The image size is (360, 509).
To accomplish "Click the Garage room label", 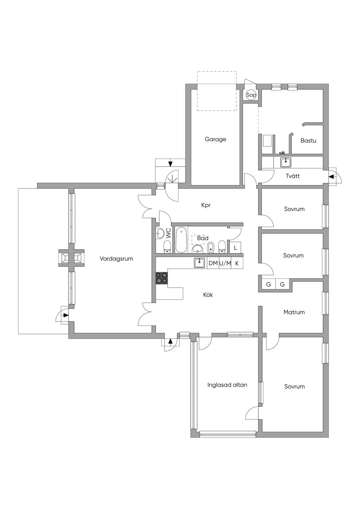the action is [x=215, y=139].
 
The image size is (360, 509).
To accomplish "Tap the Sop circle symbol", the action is [x=251, y=95].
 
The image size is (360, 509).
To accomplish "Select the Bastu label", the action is [x=308, y=141].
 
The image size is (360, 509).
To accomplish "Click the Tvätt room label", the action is [x=293, y=176].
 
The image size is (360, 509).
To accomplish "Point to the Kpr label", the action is [x=206, y=205].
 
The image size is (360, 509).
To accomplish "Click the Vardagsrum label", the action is [x=116, y=259].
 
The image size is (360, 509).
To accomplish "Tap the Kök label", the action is [x=208, y=295].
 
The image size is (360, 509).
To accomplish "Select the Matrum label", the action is [x=294, y=312].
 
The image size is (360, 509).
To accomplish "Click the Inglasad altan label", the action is [x=227, y=385].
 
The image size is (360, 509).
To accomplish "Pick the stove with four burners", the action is [x=162, y=278].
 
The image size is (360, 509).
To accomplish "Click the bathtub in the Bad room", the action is [x=181, y=240].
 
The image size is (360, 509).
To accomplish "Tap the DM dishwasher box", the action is [x=213, y=263].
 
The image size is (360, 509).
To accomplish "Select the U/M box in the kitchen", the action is [x=225, y=263].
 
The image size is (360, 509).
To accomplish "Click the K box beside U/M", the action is [x=237, y=263].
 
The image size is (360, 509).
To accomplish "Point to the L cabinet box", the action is [x=235, y=248].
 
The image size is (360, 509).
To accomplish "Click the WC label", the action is [x=168, y=233].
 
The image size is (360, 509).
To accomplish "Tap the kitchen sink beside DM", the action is [x=200, y=263].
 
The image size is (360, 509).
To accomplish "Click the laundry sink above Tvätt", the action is [x=286, y=162].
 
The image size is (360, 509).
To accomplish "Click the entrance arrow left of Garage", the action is [x=171, y=163].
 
